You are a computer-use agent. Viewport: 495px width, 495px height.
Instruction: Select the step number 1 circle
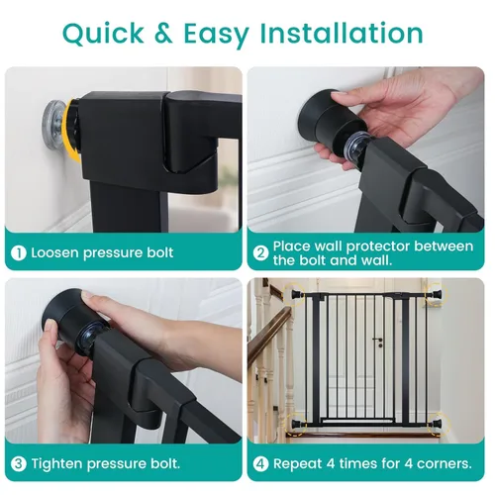coord(19,252)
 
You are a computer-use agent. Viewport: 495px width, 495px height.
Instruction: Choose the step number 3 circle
coord(19,463)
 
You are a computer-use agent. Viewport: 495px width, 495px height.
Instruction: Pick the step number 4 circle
coord(259,463)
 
